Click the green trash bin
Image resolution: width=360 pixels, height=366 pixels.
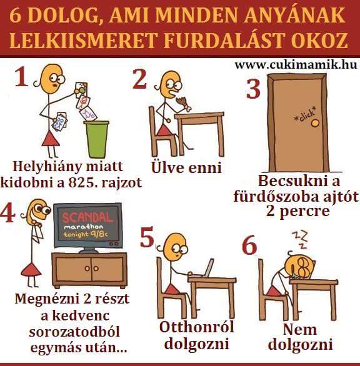(96, 139)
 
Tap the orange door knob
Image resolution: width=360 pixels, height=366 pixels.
(316, 123)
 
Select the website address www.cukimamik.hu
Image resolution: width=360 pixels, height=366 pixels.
(296, 65)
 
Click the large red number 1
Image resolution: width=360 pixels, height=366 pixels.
(21, 77)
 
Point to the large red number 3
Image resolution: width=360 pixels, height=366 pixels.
(253, 89)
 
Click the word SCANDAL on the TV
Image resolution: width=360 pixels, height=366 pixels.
(87, 218)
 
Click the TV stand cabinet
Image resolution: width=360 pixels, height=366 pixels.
(90, 270)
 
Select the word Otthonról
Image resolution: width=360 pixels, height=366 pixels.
(196, 327)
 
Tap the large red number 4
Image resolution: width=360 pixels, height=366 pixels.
(7, 214)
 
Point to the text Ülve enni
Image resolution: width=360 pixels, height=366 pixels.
(186, 167)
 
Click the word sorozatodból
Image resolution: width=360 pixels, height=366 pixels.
(74, 332)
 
